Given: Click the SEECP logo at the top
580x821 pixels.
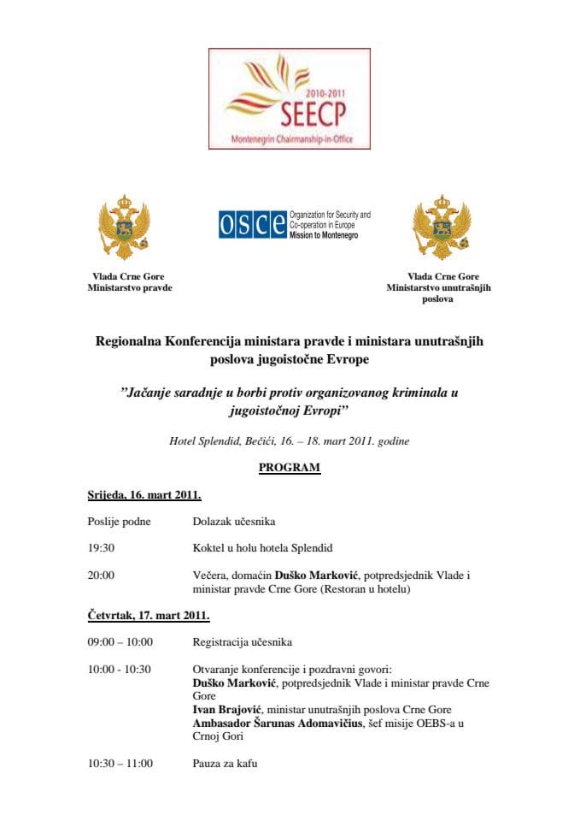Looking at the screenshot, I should point(290,98).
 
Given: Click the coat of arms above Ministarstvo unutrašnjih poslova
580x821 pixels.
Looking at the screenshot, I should point(442,227).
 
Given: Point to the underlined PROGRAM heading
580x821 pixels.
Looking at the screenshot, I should point(290,468).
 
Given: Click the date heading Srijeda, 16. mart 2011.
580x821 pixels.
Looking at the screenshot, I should point(144,495).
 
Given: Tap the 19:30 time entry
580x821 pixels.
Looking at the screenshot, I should point(101,547).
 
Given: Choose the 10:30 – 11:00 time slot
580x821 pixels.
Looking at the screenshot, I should point(120,763).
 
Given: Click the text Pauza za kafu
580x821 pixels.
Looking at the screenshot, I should point(225,763).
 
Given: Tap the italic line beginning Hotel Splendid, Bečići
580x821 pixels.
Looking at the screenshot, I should point(290,441).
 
